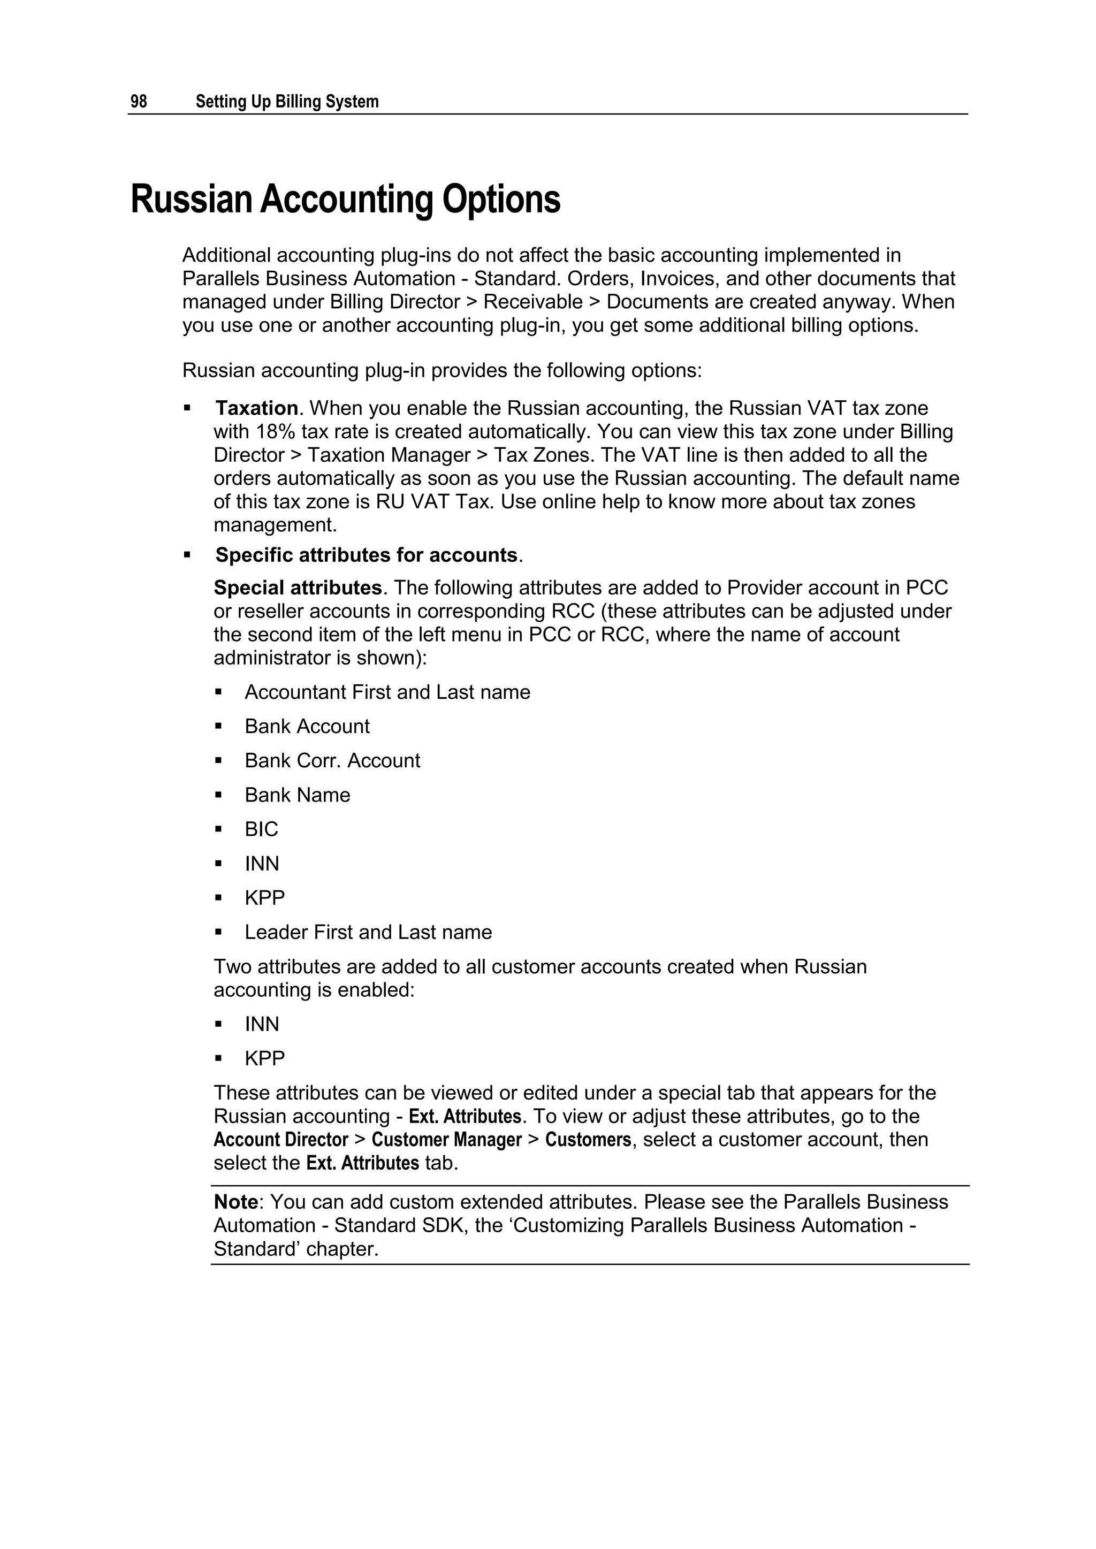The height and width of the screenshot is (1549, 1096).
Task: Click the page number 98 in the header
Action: click(x=139, y=102)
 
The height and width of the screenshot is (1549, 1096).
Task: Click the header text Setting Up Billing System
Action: click(x=287, y=102)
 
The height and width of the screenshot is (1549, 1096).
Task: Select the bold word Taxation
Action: click(x=256, y=408)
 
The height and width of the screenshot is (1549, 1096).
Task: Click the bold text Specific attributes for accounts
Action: click(x=366, y=555)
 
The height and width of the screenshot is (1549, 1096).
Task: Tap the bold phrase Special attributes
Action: click(x=298, y=588)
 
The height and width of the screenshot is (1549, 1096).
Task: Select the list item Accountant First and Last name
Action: click(x=387, y=692)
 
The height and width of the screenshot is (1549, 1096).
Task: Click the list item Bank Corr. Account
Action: click(x=332, y=761)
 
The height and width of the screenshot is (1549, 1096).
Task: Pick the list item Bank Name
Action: click(x=297, y=796)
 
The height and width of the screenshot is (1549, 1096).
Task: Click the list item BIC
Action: click(x=261, y=829)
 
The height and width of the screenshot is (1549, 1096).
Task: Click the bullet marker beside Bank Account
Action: click(x=219, y=727)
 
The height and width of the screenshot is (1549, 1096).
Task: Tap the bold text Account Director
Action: click(x=281, y=1140)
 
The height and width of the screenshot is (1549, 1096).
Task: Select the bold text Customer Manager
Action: click(x=447, y=1140)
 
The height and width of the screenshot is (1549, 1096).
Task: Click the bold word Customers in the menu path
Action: click(x=588, y=1140)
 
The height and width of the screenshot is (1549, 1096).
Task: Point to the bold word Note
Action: click(x=235, y=1202)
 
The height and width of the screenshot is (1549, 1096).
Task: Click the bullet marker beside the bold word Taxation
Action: click(x=187, y=408)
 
